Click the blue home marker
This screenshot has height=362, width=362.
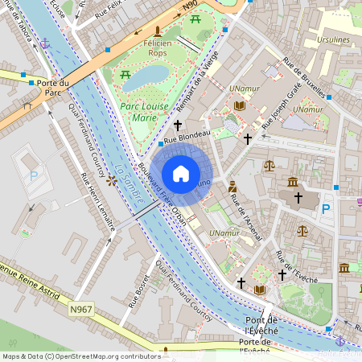pyautogui.click(x=181, y=174)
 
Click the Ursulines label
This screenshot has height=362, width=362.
pyautogui.click(x=335, y=39)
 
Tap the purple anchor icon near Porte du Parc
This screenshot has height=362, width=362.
pyautogui.click(x=46, y=41)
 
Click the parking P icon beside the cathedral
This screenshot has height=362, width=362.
pyautogui.click(x=327, y=208)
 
